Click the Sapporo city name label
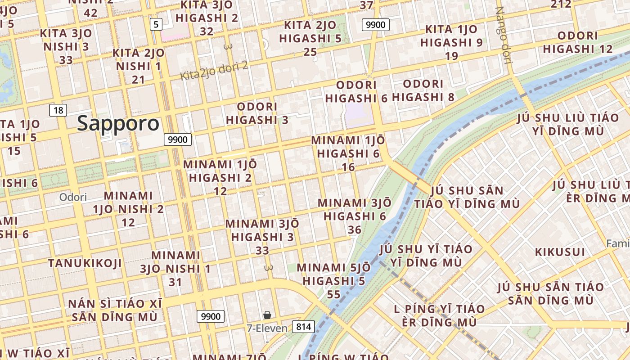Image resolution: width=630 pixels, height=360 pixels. (118, 123)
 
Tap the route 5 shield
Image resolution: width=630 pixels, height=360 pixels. (156, 24)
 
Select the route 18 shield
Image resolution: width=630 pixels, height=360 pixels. (58, 110)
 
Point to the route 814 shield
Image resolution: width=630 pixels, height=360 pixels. (303, 326)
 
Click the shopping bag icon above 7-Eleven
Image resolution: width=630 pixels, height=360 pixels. (267, 315)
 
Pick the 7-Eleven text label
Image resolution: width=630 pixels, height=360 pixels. (267, 328)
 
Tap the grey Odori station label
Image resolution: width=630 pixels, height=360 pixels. (73, 197)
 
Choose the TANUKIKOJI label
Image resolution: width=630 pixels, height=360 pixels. (85, 263)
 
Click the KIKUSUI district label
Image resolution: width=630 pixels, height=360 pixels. (560, 252)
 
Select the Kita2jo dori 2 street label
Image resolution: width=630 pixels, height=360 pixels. (214, 71)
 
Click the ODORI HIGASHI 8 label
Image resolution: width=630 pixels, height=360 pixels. (423, 90)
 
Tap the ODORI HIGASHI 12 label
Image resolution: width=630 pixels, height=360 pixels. (578, 42)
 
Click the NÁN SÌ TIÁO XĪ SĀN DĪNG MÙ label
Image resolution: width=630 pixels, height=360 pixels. (115, 310)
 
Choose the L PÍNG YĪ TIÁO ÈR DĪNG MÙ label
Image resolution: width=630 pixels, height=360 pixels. (439, 315)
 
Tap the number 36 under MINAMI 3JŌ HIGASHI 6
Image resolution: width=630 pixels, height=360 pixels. (355, 230)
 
